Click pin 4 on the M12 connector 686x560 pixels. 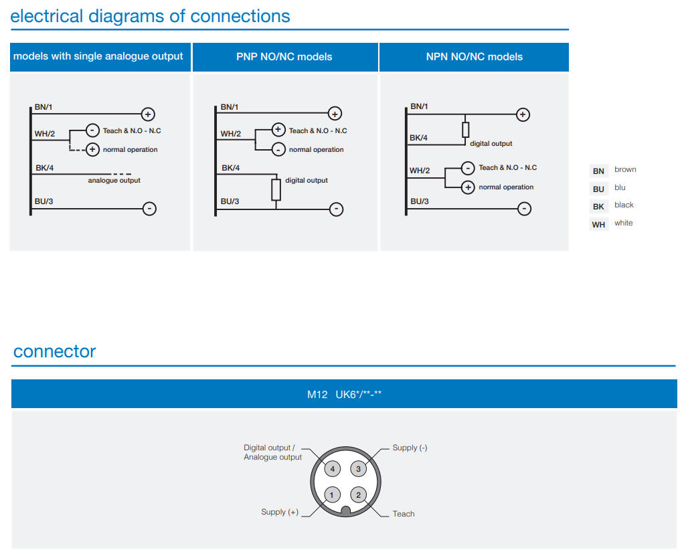pos(333,468)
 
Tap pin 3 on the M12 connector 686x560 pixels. pos(358,468)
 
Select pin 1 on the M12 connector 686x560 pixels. pos(333,495)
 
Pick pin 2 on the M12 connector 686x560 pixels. pos(358,495)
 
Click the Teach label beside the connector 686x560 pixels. pos(404,514)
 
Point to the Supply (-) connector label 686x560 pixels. pos(410,448)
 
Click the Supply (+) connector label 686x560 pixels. pos(280,512)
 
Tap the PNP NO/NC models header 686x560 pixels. pos(284,57)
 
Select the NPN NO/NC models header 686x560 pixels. pos(474,57)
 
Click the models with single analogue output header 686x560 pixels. pos(98,57)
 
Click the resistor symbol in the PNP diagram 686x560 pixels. pos(276,190)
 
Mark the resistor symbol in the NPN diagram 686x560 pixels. pos(466,130)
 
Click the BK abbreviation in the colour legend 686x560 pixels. pos(598,206)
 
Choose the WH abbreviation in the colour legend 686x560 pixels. pos(598,224)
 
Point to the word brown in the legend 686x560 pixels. pos(625,170)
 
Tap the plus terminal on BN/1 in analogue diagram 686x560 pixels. pos(149,114)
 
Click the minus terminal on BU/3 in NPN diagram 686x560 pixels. pos(525,209)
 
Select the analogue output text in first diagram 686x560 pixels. pos(114,181)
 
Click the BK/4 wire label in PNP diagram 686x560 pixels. pos(230,168)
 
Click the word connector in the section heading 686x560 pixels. pos(55,351)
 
